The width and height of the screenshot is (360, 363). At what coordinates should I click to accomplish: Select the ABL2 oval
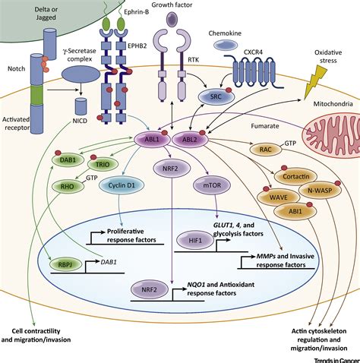[x=190, y=140]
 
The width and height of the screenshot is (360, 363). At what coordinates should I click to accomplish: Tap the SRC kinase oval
[x=216, y=96]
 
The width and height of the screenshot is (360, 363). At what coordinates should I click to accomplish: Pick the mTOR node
[x=212, y=185]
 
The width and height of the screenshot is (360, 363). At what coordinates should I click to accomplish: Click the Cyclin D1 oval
[x=122, y=185]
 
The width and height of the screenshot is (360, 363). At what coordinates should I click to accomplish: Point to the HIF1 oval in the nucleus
[x=195, y=240]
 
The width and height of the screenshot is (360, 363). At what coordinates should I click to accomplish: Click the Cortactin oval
[x=295, y=176]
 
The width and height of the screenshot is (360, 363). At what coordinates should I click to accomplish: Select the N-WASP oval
[x=320, y=190]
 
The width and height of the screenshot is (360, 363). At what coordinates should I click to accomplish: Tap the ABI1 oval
[x=295, y=211]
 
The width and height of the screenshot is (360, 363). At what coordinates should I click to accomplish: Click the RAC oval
[x=266, y=150]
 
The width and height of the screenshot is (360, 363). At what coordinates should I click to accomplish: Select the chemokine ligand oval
[x=226, y=45]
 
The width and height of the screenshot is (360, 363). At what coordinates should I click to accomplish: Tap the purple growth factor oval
[x=172, y=19]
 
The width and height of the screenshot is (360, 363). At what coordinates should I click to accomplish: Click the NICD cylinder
[x=81, y=106]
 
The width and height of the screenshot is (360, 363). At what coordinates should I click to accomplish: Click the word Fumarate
[x=265, y=126]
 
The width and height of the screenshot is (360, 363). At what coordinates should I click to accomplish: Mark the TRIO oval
[x=103, y=164]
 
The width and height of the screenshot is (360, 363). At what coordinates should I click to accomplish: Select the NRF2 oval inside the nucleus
[x=150, y=289]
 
